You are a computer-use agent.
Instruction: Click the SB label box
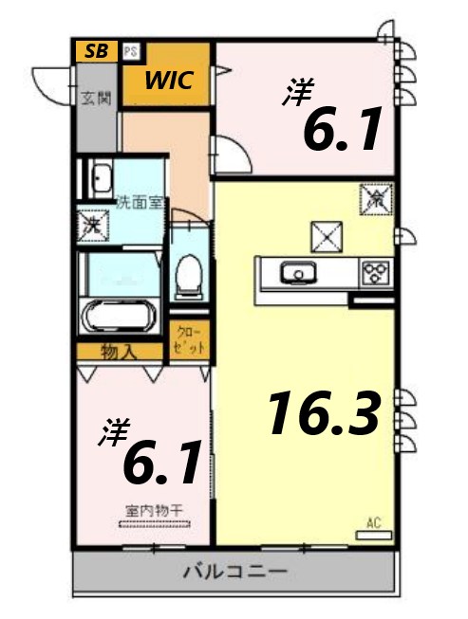click(x=96, y=51)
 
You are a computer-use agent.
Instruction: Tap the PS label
click(x=130, y=51)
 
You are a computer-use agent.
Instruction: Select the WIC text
click(x=169, y=81)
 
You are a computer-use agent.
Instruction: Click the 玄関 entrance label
click(x=95, y=98)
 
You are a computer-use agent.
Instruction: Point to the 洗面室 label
click(x=139, y=202)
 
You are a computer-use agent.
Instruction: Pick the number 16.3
click(x=324, y=413)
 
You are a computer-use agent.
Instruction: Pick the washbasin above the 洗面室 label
click(x=98, y=178)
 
